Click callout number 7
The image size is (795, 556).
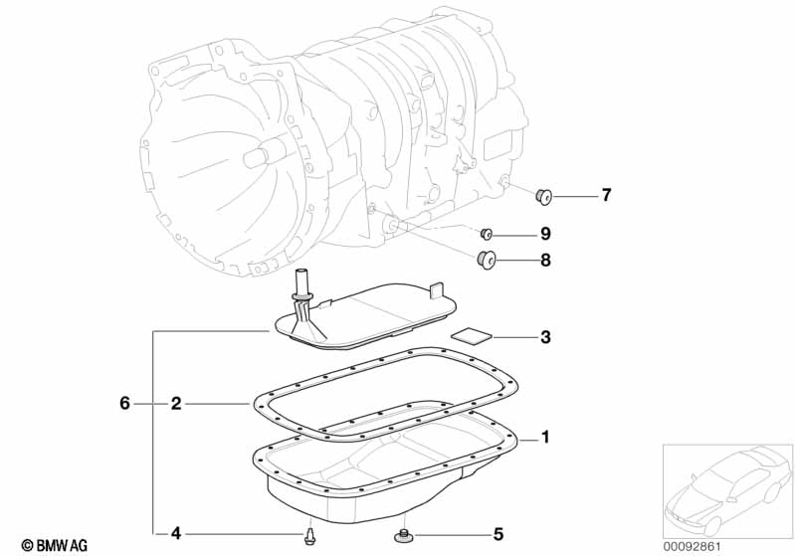(x=606, y=195)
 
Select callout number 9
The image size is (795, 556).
(x=545, y=234)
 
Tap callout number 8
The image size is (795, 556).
(x=545, y=263)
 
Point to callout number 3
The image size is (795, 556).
(x=545, y=337)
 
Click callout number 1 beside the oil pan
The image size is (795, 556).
(x=545, y=437)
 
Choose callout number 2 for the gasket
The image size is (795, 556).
(x=175, y=404)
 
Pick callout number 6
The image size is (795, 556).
(x=124, y=404)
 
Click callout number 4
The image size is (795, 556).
(x=175, y=533)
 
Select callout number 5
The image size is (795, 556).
(x=497, y=533)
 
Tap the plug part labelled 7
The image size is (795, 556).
(x=544, y=196)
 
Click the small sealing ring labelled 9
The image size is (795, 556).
(x=488, y=234)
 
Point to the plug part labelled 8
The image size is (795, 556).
(x=486, y=261)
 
